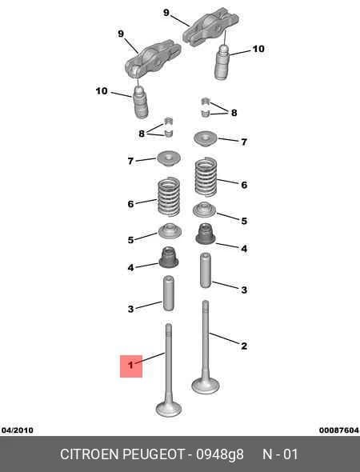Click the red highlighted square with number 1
point(131,366)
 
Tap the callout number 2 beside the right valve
point(244,346)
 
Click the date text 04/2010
point(17,430)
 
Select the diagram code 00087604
point(339,430)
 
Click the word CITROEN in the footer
point(90,454)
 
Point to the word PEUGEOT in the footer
point(154,454)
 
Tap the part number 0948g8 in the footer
point(220,454)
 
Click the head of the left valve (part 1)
point(169,409)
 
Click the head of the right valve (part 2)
point(206,386)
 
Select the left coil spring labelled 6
point(169,197)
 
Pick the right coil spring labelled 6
point(206,177)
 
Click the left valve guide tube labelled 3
point(168,294)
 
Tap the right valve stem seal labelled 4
point(206,234)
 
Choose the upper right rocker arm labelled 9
point(210,26)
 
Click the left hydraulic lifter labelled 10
point(140,102)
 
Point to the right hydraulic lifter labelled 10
point(222,62)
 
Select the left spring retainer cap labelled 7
point(169,158)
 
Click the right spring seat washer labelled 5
point(205,210)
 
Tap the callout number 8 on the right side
point(234,113)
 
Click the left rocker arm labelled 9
point(153,58)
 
